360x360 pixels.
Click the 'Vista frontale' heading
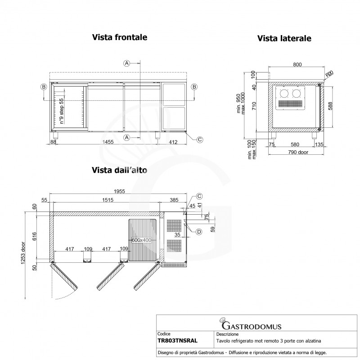pyautogui.click(x=120, y=37)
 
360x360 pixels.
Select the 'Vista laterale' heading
pyautogui.click(x=284, y=39)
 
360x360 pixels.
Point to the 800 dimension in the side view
pyautogui.click(x=297, y=65)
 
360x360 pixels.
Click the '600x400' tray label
pyautogui.click(x=144, y=240)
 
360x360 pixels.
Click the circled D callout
pyautogui.click(x=199, y=232)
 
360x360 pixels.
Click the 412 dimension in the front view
pyautogui.click(x=173, y=142)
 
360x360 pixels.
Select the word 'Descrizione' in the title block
pyautogui.click(x=228, y=335)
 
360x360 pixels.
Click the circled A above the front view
pyautogui.click(x=127, y=63)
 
